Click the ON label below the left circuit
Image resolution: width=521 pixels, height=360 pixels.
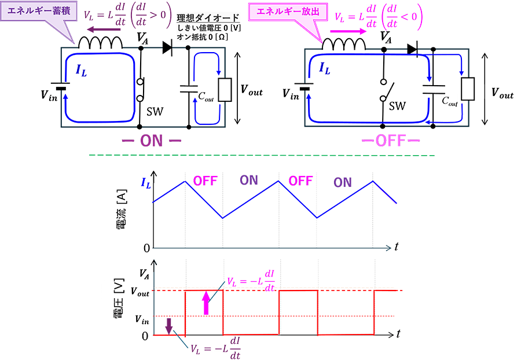tap(153, 141)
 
